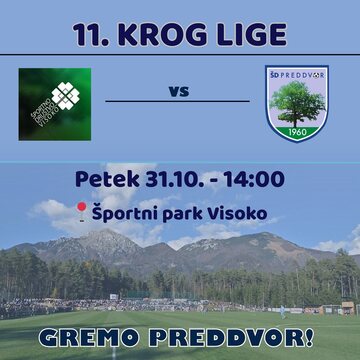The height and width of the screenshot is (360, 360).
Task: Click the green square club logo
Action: (54, 104)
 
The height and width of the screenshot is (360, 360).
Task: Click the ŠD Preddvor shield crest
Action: (297, 103)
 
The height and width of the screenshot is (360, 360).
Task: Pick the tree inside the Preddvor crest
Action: (297, 102)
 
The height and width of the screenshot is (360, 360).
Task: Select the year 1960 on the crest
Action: (297, 132)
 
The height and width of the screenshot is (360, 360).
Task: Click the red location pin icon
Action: (81, 211)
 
